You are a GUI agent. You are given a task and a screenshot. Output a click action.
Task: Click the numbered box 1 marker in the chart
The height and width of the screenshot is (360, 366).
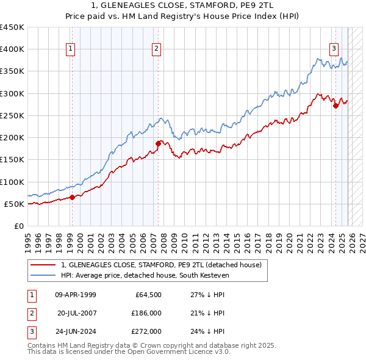pos(71,49)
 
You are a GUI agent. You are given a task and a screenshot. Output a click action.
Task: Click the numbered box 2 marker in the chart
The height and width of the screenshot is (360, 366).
pos(157,49)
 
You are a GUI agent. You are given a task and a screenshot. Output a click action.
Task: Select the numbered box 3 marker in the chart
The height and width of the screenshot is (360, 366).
pos(334,49)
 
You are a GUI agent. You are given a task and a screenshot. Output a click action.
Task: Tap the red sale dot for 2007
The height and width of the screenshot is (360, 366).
pos(158,143)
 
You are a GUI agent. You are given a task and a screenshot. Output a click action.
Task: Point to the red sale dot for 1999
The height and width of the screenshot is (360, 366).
pos(72,197)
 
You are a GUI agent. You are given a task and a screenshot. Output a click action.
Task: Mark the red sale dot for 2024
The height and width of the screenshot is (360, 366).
pos(335,106)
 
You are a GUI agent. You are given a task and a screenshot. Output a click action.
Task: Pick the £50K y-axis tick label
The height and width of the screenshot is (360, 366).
pos(14,204)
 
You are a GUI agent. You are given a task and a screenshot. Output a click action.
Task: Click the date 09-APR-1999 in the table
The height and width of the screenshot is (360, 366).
pos(75,295)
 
